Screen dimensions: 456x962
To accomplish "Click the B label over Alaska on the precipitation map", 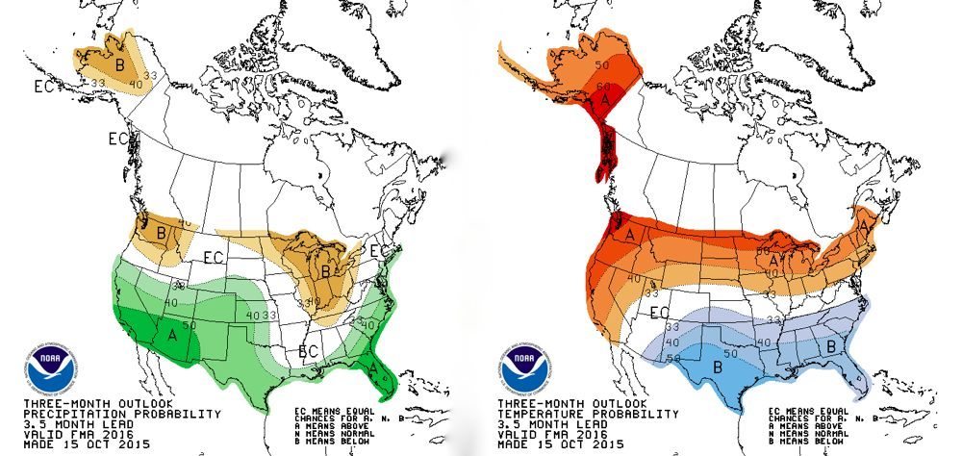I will (x=120, y=64).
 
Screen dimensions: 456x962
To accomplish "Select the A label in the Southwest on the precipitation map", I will (x=172, y=334).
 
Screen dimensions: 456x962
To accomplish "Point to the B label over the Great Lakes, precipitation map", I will (x=326, y=271).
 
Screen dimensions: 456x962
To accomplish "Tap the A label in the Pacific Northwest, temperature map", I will (x=631, y=235).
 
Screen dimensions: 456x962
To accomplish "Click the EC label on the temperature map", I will (x=660, y=312).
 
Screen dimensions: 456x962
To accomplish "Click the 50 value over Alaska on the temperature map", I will (x=603, y=65).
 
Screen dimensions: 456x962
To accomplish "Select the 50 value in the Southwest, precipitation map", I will (x=190, y=324).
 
